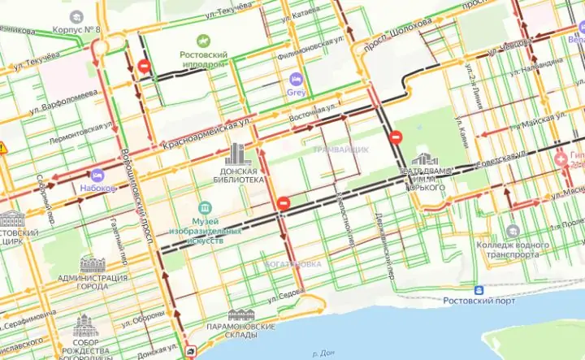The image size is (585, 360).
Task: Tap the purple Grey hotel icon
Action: click(296, 80)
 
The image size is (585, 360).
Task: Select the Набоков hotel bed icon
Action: click(97, 175)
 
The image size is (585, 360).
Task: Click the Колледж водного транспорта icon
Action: click(513, 232)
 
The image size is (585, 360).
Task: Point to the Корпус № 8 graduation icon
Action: click(76, 17)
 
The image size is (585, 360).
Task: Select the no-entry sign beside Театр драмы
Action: click(396, 137)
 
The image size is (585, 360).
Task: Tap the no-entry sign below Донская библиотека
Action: click(283, 203)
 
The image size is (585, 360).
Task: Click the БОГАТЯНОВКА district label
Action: click(293, 265)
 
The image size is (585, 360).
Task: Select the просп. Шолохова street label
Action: click(399, 37)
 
